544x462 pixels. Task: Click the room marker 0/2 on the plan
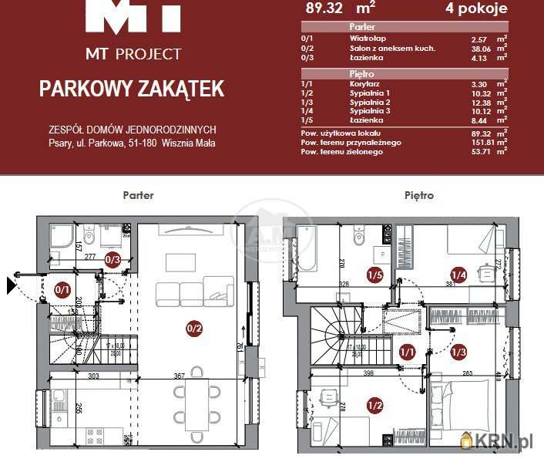[194, 329]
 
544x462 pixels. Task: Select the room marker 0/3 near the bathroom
[112, 260]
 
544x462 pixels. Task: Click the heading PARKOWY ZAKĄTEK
[132, 89]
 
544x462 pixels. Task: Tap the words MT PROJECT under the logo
[133, 54]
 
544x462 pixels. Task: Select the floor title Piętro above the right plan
[418, 195]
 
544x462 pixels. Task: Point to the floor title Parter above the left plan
[138, 195]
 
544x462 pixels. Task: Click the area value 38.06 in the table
[480, 48]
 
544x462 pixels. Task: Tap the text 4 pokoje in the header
[476, 9]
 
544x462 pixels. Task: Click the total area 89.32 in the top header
[324, 9]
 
